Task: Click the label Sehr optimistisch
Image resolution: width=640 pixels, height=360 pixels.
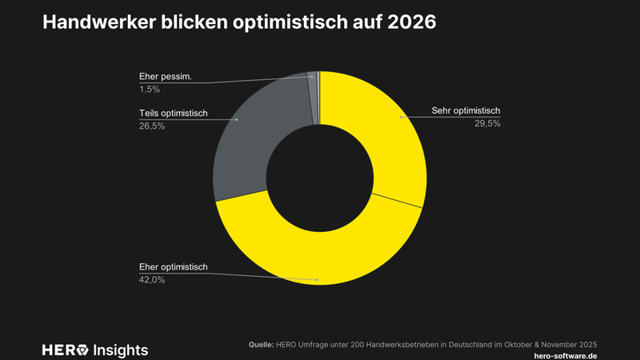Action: tap(465, 111)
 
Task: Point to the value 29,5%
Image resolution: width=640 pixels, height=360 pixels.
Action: tap(486, 124)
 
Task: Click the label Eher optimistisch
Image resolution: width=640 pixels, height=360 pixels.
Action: tap(174, 266)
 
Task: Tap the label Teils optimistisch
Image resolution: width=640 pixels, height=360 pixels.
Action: tap(174, 113)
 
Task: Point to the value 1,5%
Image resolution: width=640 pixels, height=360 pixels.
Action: tap(150, 90)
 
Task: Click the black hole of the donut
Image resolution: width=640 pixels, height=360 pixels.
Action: tap(319, 177)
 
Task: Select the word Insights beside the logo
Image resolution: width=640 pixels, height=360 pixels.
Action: tap(121, 350)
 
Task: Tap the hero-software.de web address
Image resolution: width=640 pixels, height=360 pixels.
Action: tap(564, 354)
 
